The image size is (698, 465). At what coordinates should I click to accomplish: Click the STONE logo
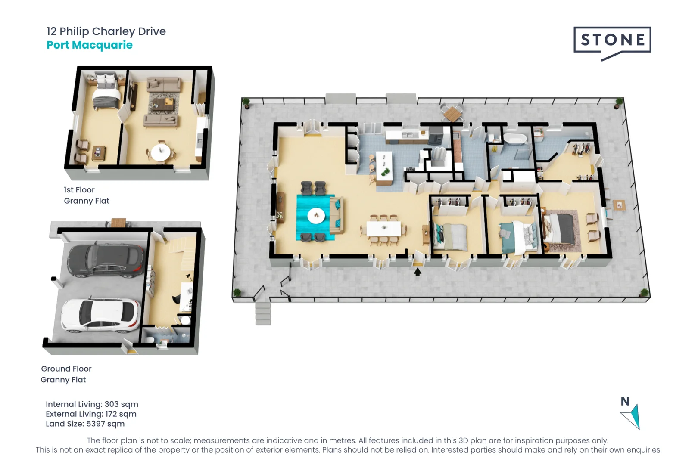coord(612,40)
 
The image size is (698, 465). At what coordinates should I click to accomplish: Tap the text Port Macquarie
coord(90,45)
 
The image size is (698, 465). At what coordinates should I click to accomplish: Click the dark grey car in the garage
coord(106,260)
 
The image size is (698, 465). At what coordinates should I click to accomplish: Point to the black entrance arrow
coord(417,272)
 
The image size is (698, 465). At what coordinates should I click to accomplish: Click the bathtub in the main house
coord(515,139)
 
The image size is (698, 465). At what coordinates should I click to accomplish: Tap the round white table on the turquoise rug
coord(316,216)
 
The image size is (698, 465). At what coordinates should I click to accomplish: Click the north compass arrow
coord(632,416)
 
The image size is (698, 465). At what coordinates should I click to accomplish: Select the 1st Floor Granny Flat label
coord(86,195)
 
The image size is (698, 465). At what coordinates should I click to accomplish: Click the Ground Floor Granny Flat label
coord(66,374)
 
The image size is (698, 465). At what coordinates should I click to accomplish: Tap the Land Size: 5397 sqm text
coord(85,424)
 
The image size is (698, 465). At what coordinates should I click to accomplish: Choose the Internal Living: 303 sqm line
coord(92,404)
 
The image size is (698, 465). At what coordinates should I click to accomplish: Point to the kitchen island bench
coord(384,168)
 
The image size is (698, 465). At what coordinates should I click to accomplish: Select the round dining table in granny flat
coord(160,152)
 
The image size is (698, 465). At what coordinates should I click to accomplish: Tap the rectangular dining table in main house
coord(383,229)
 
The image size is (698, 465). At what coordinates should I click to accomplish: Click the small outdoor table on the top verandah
coord(452,115)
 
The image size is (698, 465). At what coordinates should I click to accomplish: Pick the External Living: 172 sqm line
coord(91,414)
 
